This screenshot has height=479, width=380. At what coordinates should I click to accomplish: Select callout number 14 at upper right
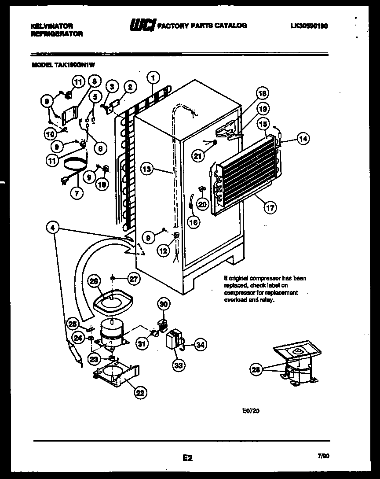[x=303, y=139]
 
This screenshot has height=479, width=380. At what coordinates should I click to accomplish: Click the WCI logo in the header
[x=142, y=26]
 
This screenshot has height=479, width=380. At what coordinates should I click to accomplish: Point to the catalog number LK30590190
[x=309, y=26]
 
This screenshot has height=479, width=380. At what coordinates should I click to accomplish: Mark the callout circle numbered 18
[x=263, y=93]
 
